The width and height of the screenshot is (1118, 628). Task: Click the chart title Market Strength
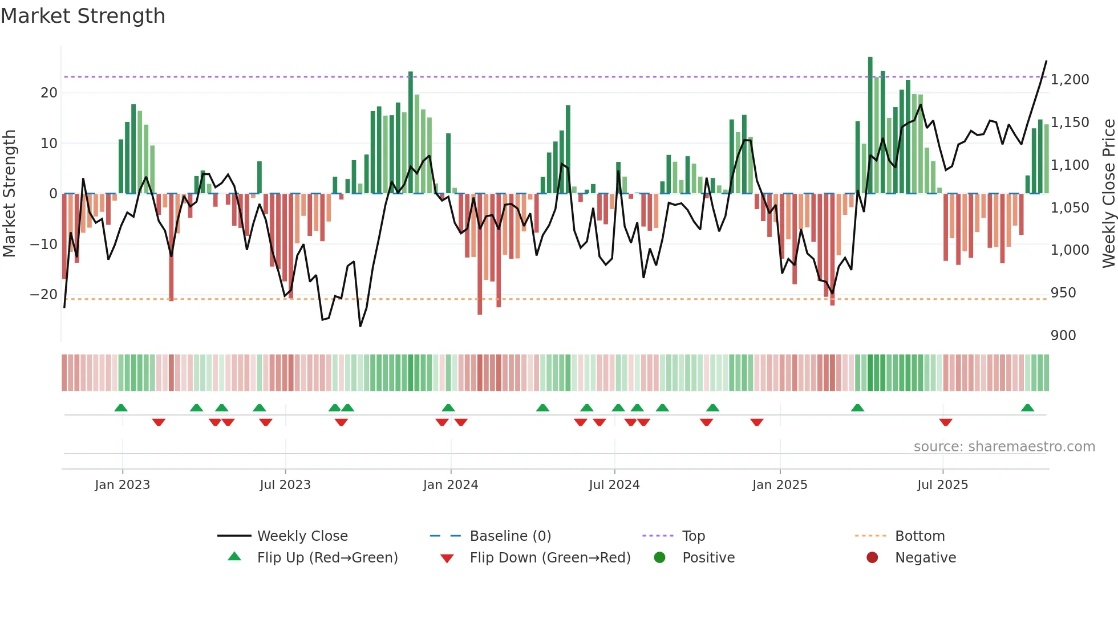pyautogui.click(x=83, y=16)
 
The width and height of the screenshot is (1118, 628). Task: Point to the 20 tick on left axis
pyautogui.click(x=49, y=93)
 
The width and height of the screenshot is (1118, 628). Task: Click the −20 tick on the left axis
pyautogui.click(x=44, y=295)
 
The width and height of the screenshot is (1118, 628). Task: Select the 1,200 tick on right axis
pyautogui.click(x=1070, y=80)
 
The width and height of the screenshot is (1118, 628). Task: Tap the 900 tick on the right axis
pyautogui.click(x=1063, y=336)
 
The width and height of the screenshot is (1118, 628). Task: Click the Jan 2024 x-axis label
pyautogui.click(x=450, y=485)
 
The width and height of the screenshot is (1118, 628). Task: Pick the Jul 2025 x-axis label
pyautogui.click(x=942, y=485)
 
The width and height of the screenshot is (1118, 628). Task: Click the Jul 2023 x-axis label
pyautogui.click(x=285, y=485)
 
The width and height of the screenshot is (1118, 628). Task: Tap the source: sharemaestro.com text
pyautogui.click(x=1004, y=447)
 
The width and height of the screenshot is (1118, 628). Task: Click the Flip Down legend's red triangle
pyautogui.click(x=447, y=558)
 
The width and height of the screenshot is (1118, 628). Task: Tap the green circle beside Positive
pyautogui.click(x=659, y=558)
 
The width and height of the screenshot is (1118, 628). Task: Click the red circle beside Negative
pyautogui.click(x=872, y=558)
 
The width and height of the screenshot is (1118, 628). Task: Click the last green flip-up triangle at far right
pyautogui.click(x=1027, y=408)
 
